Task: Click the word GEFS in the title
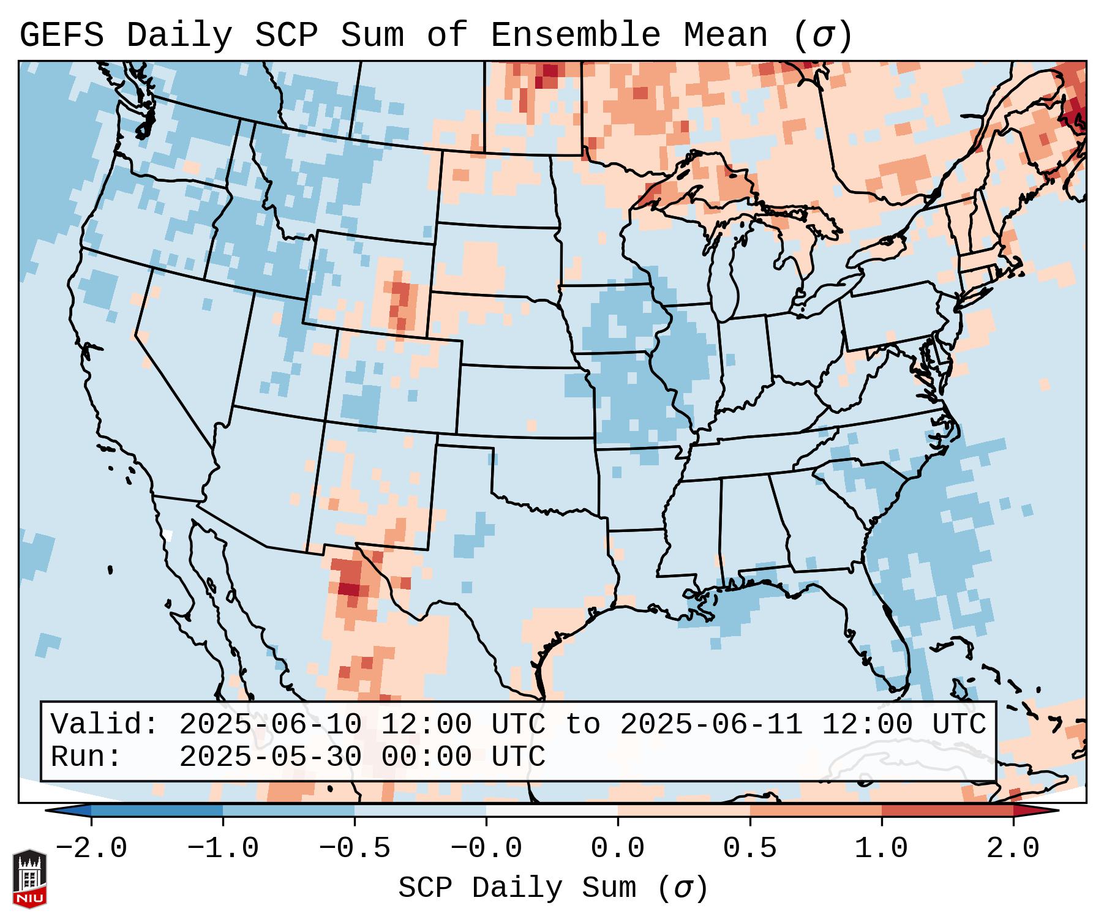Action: click(61, 36)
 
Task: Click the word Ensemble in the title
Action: click(575, 36)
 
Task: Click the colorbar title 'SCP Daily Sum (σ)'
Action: click(553, 888)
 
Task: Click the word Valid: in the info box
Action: click(105, 725)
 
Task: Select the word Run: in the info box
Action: click(86, 757)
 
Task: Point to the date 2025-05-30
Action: click(270, 757)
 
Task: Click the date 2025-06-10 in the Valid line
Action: click(270, 725)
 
